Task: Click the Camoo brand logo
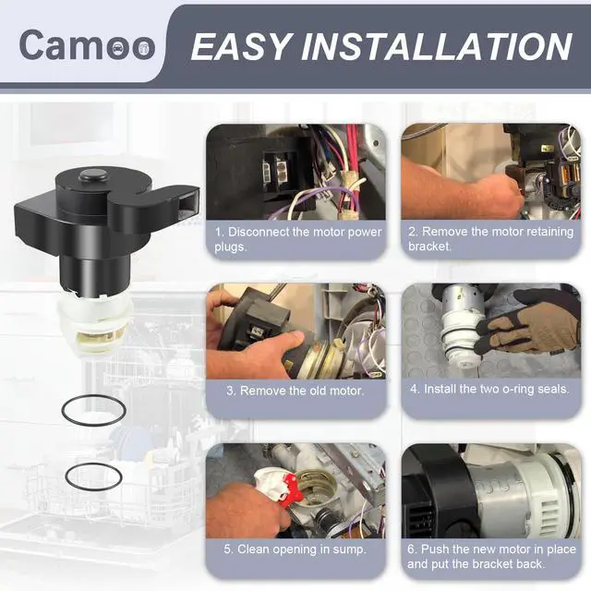coord(87,44)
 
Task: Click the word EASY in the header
coord(242,46)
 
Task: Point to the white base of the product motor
coord(94,325)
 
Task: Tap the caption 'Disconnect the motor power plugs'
coord(297,239)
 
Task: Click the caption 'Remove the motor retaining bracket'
coord(490,238)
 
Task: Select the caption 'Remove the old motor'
coord(295,391)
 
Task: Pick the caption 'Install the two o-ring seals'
coord(489,389)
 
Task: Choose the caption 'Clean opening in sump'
coord(295,549)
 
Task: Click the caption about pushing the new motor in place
coord(491,556)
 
